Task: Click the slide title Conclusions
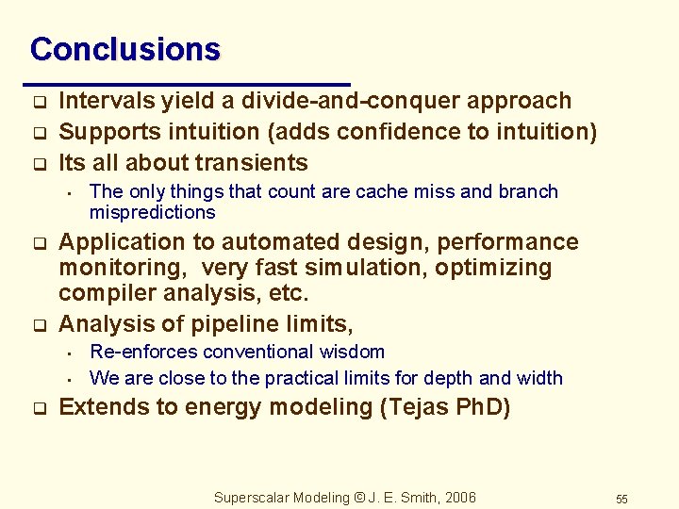point(124,49)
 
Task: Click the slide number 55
point(621,499)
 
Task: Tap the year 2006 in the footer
point(458,498)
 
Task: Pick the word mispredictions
point(153,212)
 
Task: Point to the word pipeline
point(242,324)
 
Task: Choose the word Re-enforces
point(142,352)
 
